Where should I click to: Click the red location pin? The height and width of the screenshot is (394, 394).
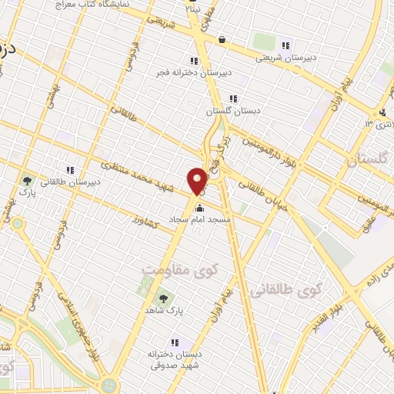tap(198, 180)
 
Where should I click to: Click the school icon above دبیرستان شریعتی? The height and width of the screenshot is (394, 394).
tap(286, 45)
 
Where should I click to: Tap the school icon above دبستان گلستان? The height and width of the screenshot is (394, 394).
tap(233, 98)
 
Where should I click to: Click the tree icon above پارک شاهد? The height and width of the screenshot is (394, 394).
tap(162, 298)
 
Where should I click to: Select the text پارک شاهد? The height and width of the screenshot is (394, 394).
tap(162, 310)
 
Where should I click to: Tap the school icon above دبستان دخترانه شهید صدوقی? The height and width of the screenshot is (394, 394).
tap(175, 342)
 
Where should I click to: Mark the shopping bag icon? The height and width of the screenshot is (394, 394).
tap(222, 39)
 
